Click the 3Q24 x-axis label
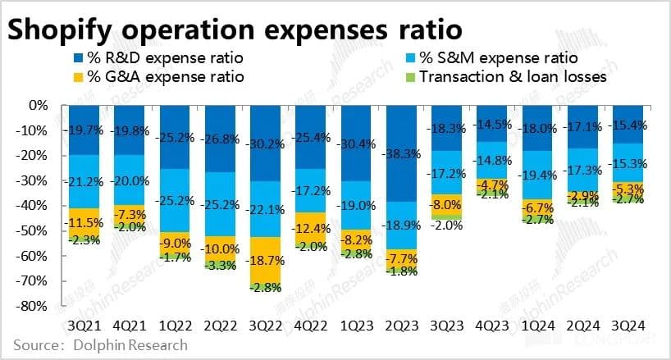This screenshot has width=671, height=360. pyautogui.click(x=628, y=326)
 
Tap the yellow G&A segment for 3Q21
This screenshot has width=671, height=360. pyautogui.click(x=86, y=222)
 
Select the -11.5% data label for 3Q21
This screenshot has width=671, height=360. pyautogui.click(x=86, y=223)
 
